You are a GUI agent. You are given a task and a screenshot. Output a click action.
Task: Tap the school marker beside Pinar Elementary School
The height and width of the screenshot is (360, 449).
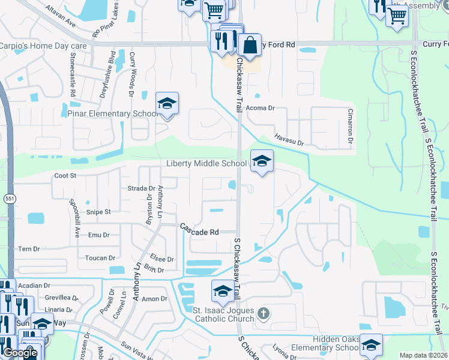pos(167,104)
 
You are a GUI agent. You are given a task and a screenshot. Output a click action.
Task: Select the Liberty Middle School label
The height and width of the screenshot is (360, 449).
pos(206,164)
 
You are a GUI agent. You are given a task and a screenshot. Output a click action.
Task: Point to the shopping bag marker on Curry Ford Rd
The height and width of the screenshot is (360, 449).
pos(249,45)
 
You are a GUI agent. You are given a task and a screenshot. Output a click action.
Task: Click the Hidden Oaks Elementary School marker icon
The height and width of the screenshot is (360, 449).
pos(371,345)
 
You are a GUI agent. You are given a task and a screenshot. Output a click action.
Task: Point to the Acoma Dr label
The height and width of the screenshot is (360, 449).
pos(261,109)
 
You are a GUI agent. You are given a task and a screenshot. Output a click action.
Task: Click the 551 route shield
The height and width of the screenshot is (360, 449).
pos(8,199)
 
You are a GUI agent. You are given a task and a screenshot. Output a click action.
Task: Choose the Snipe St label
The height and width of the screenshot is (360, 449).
pos(99,212)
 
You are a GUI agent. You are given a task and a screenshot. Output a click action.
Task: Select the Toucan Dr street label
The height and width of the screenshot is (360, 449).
pos(100,258)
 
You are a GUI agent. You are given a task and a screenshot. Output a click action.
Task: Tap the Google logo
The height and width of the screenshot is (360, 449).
pos(20,353)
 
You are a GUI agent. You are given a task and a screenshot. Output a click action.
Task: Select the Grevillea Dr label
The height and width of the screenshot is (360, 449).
pos(62,298)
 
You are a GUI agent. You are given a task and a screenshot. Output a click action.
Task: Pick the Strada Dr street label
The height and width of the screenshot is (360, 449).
pos(142,188)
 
